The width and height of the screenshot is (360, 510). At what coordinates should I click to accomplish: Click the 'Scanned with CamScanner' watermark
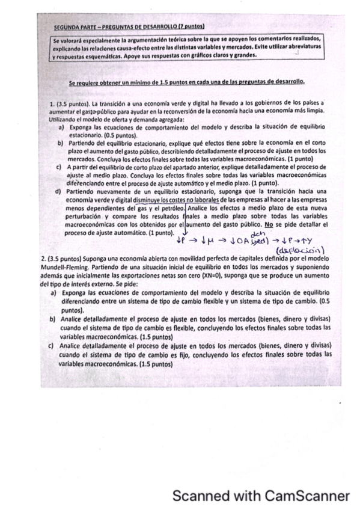260,496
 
